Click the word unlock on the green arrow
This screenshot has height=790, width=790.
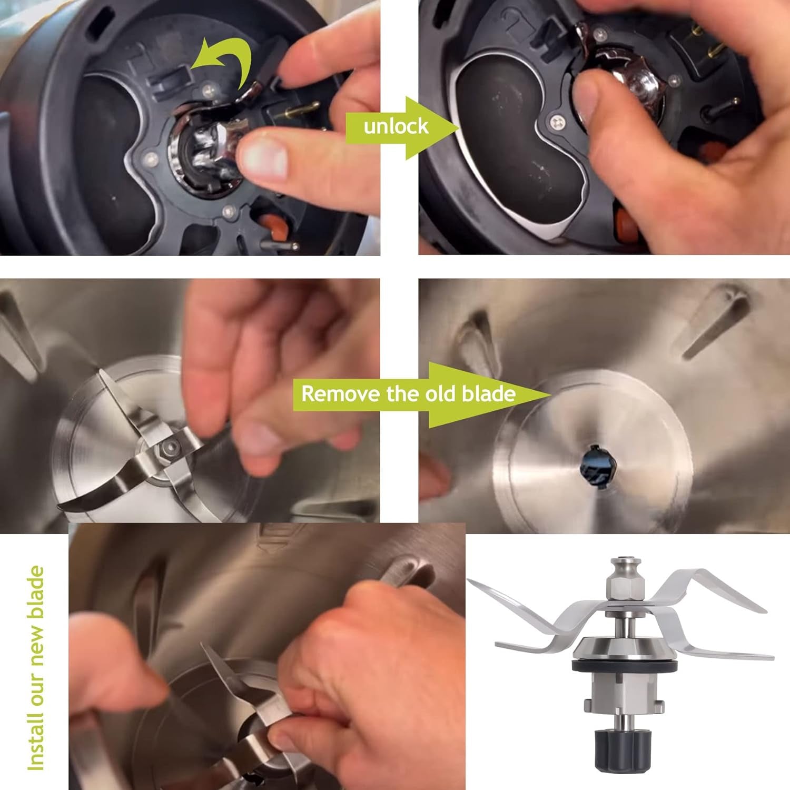[396, 126]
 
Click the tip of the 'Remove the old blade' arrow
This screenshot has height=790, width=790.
[551, 394]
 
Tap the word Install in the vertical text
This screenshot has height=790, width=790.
[36, 742]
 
